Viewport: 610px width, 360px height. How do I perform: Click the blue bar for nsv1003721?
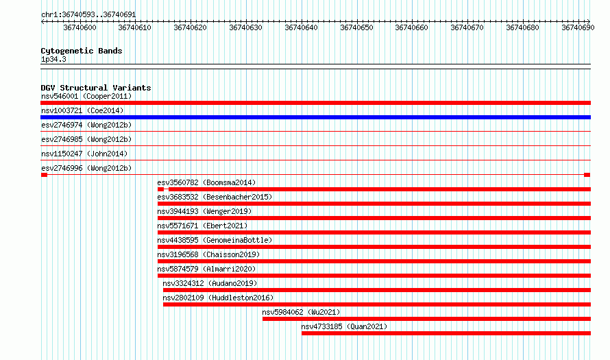[315, 117]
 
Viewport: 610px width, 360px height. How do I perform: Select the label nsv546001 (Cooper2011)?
[86, 96]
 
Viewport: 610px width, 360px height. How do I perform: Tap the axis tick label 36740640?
[301, 27]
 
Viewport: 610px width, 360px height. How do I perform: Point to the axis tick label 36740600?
[80, 27]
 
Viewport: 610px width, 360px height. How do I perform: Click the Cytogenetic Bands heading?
[82, 51]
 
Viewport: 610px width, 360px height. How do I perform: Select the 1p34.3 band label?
[53, 59]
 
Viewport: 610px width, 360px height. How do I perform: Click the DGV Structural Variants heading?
[96, 88]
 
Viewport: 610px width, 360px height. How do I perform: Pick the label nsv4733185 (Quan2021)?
[344, 326]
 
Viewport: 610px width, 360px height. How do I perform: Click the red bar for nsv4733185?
[446, 333]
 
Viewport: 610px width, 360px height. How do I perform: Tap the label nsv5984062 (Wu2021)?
[301, 312]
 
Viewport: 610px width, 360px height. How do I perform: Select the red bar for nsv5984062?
[426, 319]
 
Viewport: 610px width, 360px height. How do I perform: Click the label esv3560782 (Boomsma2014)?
[206, 182]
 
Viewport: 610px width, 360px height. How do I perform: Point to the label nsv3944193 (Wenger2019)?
[205, 211]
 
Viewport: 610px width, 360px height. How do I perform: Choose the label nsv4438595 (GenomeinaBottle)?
[215, 240]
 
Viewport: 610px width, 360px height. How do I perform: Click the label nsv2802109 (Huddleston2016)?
[218, 298]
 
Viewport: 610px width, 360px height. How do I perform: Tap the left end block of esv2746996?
[45, 175]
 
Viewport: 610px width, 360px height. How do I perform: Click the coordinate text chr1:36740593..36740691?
[88, 15]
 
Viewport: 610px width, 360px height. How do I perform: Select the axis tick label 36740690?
[578, 27]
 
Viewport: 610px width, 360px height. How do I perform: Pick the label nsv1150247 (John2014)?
[84, 154]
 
